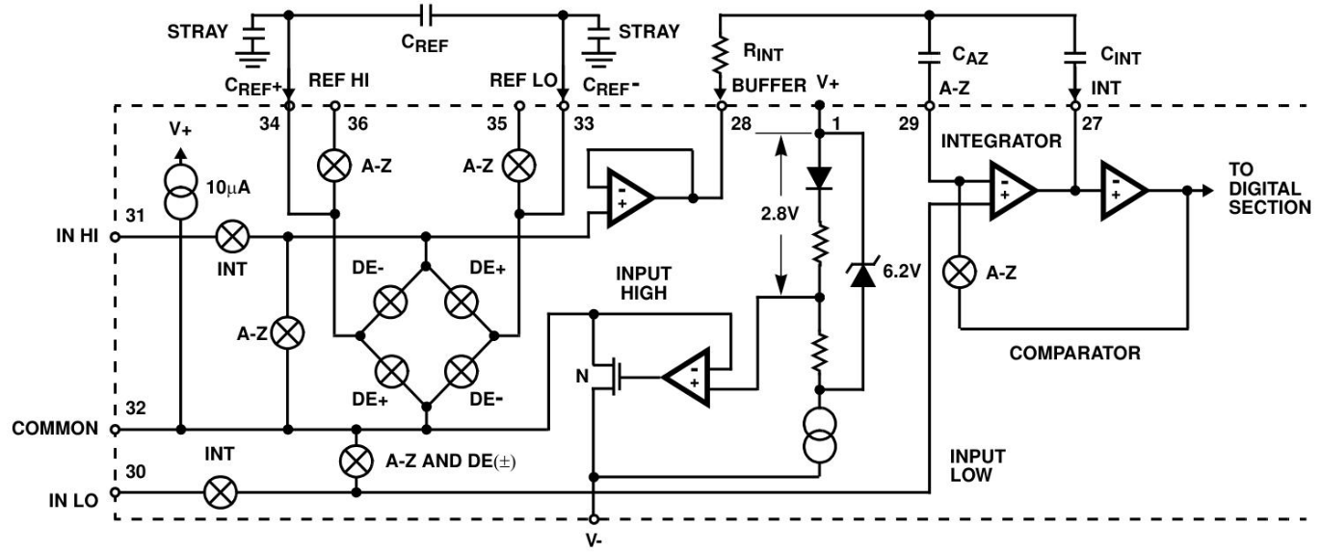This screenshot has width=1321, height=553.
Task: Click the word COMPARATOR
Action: point(1073,354)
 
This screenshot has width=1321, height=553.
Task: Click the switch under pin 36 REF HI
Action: point(334,166)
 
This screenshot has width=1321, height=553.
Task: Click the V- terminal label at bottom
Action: point(594,540)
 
